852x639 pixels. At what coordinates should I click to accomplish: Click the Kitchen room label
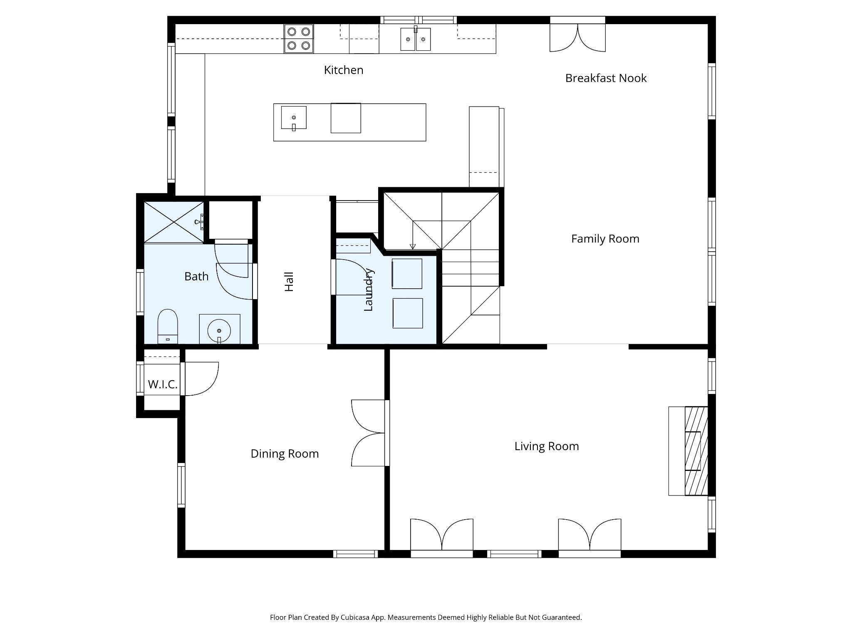pos(344,70)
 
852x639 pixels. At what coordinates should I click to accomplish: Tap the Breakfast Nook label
pos(606,78)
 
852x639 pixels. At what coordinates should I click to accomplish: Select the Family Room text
pos(605,239)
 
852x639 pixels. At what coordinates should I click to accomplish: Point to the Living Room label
pos(547,446)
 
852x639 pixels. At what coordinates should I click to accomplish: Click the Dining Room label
pos(285,453)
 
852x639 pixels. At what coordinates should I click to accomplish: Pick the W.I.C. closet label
pos(163,384)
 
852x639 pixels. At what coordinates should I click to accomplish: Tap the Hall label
pos(289,282)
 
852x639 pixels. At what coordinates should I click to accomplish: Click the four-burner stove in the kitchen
pos(299,39)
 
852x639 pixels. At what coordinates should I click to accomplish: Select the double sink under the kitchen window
pos(415,39)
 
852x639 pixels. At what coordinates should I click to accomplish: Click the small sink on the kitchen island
pos(294,118)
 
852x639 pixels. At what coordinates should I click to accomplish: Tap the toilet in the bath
pos(168,327)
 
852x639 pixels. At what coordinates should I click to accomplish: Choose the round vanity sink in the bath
pos(219,330)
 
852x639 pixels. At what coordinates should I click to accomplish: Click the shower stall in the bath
pos(174,222)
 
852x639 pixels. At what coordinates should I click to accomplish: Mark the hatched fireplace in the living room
pos(696,451)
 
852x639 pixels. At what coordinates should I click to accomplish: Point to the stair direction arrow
pos(413,235)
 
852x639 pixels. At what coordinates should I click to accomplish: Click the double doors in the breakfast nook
pos(577,37)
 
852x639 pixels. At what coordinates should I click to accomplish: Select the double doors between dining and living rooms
pos(368,433)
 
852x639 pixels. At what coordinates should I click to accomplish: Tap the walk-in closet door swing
pos(202,379)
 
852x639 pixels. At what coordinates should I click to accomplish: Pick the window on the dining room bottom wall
pos(355,554)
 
